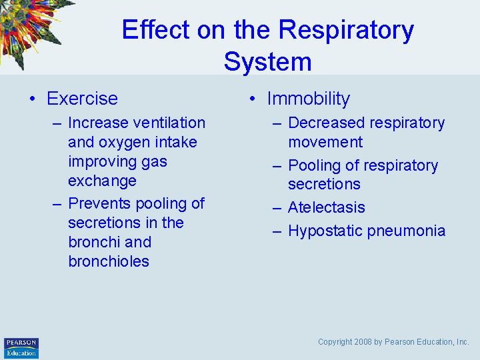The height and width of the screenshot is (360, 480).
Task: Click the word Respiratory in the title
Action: tap(346, 31)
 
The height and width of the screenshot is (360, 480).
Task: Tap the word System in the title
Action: tap(267, 62)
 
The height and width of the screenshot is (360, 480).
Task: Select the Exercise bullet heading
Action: tap(82, 99)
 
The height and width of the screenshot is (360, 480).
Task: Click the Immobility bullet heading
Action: tap(308, 99)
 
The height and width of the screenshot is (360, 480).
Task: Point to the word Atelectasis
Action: tap(326, 207)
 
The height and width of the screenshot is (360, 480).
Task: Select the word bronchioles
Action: tap(109, 261)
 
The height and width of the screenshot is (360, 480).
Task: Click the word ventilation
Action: tap(169, 123)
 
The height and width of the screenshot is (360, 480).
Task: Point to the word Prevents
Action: tap(99, 203)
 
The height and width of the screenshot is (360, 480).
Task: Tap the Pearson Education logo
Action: tap(21, 347)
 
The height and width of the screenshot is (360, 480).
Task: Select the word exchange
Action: tap(102, 181)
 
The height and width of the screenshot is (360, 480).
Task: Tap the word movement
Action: tap(325, 142)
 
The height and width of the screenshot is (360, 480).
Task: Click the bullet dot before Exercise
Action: tap(32, 99)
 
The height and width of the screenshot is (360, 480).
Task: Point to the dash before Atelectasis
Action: tap(278, 208)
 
